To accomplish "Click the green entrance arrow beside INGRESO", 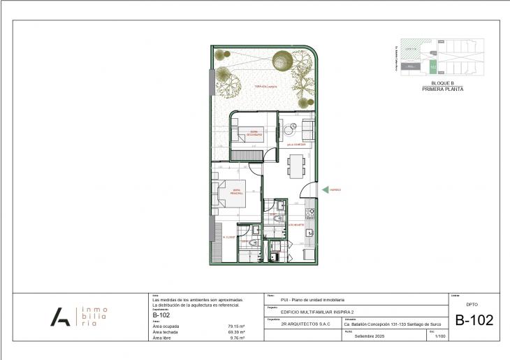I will click(324, 189).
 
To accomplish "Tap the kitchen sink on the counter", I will click(311, 232).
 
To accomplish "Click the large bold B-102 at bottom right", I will click(474, 321).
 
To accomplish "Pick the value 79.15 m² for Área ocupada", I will click(235, 326).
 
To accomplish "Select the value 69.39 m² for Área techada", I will click(235, 331).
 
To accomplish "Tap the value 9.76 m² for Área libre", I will click(236, 338).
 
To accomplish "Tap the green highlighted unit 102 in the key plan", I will click(432, 66).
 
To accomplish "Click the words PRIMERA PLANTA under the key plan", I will click(442, 89).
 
